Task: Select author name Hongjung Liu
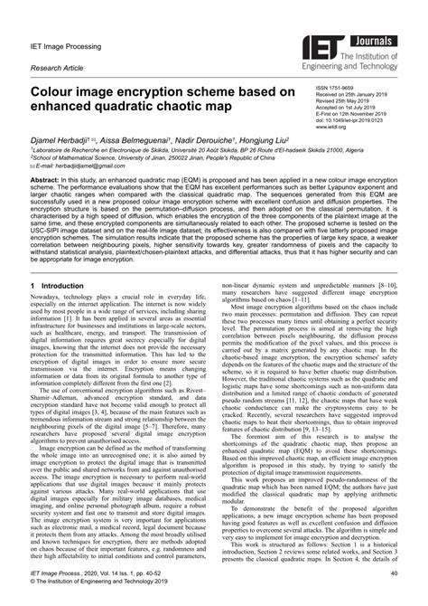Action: pyautogui.click(x=268, y=143)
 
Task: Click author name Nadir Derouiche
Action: pyautogui.click(x=200, y=143)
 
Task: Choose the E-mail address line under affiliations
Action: pyautogui.click(x=77, y=167)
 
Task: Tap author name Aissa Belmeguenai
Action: pyautogui.click(x=132, y=143)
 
